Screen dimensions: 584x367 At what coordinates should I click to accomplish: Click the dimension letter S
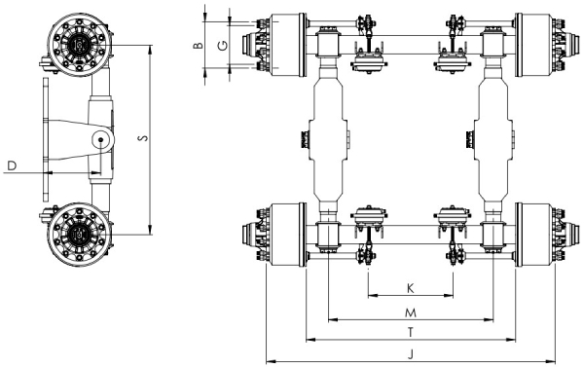pos(142,138)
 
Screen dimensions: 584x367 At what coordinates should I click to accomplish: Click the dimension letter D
pos(12,166)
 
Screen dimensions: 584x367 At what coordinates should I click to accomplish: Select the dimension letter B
pos(199,46)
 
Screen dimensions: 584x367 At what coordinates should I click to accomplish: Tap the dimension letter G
pos(222,46)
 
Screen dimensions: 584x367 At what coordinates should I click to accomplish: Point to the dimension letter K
pos(410,288)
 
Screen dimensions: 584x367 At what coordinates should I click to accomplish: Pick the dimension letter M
pos(411,313)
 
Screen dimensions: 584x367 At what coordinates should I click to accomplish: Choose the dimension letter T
pos(411,332)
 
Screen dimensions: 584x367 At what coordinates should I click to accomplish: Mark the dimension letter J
pos(411,354)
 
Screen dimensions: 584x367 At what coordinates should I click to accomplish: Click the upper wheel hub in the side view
pos(79,45)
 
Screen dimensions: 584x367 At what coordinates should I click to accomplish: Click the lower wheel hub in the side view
pos(80,235)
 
